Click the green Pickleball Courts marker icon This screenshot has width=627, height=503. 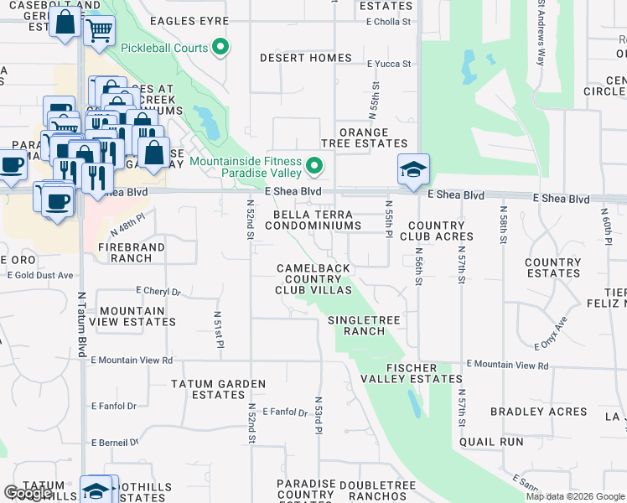tap(221, 48)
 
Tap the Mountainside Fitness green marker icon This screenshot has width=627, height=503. tap(315, 166)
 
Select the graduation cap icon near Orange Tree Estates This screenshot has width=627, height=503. tap(413, 169)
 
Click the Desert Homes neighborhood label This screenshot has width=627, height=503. tap(306, 58)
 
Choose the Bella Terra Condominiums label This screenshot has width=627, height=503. tap(319, 220)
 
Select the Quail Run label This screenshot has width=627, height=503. tap(491, 442)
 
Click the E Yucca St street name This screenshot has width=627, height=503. tap(389, 64)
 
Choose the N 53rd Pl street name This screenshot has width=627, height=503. tap(319, 416)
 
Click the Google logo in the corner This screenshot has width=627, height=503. tap(28, 493)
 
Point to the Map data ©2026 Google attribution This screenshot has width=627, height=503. tap(575, 496)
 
